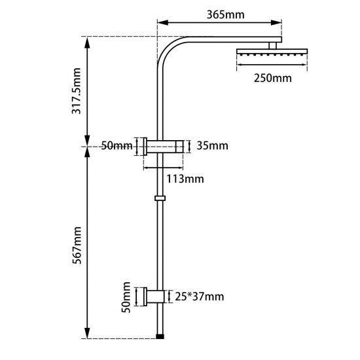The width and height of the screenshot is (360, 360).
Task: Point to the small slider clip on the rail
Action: click(160, 197)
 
